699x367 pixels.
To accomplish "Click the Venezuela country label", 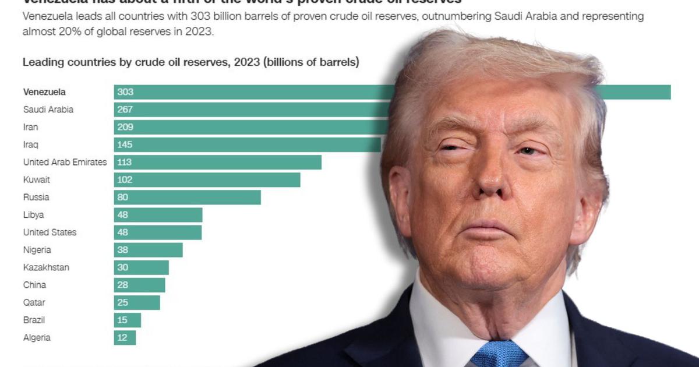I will pyautogui.click(x=44, y=92).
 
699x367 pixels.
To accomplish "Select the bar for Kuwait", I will pyautogui.click(x=207, y=179).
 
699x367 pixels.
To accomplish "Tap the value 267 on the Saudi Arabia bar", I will pyautogui.click(x=125, y=110).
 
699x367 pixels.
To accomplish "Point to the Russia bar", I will pyautogui.click(x=187, y=197).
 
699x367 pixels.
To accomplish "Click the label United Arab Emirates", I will pyautogui.click(x=65, y=162).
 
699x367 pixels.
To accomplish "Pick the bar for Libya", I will pyautogui.click(x=158, y=214).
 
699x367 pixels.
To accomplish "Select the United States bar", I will pyautogui.click(x=158, y=232).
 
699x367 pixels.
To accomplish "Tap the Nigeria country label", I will pyautogui.click(x=37, y=250).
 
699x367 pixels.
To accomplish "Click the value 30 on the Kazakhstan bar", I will pyautogui.click(x=122, y=267).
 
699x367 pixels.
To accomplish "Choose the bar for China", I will pyautogui.click(x=140, y=285).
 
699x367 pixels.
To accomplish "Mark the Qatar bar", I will pyautogui.click(x=137, y=302).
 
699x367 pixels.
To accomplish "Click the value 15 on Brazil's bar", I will pyautogui.click(x=122, y=320).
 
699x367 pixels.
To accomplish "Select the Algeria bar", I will pyautogui.click(x=125, y=337).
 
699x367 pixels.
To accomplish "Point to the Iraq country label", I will pyautogui.click(x=31, y=144).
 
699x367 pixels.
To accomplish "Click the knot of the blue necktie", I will pyautogui.click(x=499, y=353).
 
